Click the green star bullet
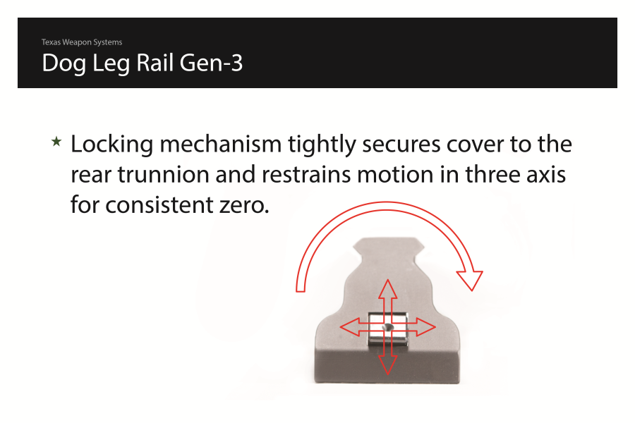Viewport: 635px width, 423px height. click(x=56, y=141)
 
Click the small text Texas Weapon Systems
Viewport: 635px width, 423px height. click(x=82, y=42)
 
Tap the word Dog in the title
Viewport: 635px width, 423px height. click(x=64, y=64)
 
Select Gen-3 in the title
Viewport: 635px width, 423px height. click(x=211, y=64)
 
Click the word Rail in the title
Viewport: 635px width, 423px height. click(x=155, y=63)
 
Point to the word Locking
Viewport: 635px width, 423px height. click(x=112, y=145)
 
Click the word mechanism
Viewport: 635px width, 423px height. click(x=221, y=144)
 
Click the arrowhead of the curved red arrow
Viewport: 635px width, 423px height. click(x=470, y=280)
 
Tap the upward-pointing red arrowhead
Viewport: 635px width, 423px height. click(x=388, y=288)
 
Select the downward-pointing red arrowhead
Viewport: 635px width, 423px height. click(x=388, y=364)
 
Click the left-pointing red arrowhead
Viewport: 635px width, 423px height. click(x=349, y=327)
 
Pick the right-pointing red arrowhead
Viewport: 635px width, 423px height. click(x=426, y=327)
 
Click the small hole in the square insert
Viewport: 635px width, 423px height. click(x=389, y=327)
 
